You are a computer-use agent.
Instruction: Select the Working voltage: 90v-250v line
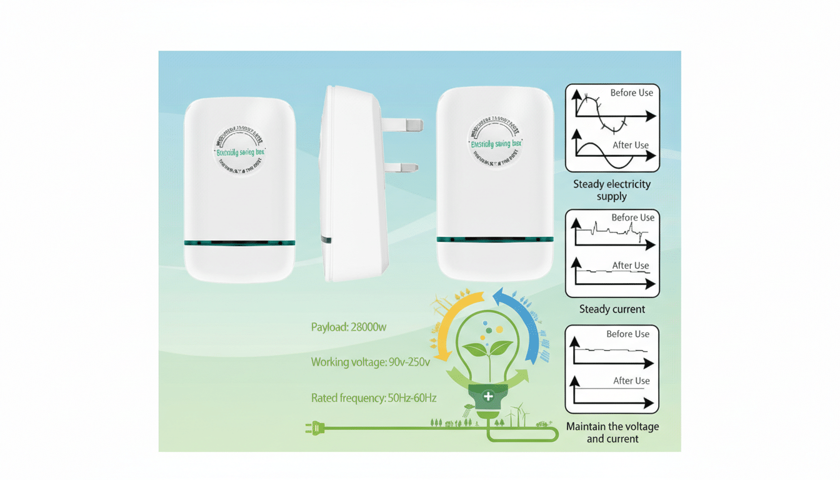(370, 362)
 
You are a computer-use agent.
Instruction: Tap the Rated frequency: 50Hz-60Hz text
(374, 397)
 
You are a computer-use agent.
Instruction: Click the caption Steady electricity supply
(612, 190)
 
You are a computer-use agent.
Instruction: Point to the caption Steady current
(612, 309)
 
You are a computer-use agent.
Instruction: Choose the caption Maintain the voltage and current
(612, 432)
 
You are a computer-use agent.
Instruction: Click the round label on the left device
(239, 150)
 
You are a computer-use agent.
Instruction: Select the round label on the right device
(495, 143)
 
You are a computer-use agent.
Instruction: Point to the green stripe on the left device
(239, 243)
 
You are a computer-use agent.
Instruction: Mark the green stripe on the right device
(495, 239)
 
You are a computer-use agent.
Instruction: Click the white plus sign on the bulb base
(489, 396)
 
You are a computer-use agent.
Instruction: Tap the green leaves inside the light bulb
(487, 349)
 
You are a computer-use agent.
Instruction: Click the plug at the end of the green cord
(312, 428)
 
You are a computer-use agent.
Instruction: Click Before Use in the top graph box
(631, 92)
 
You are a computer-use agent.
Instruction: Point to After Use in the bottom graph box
(631, 381)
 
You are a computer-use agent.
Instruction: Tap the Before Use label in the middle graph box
(632, 217)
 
